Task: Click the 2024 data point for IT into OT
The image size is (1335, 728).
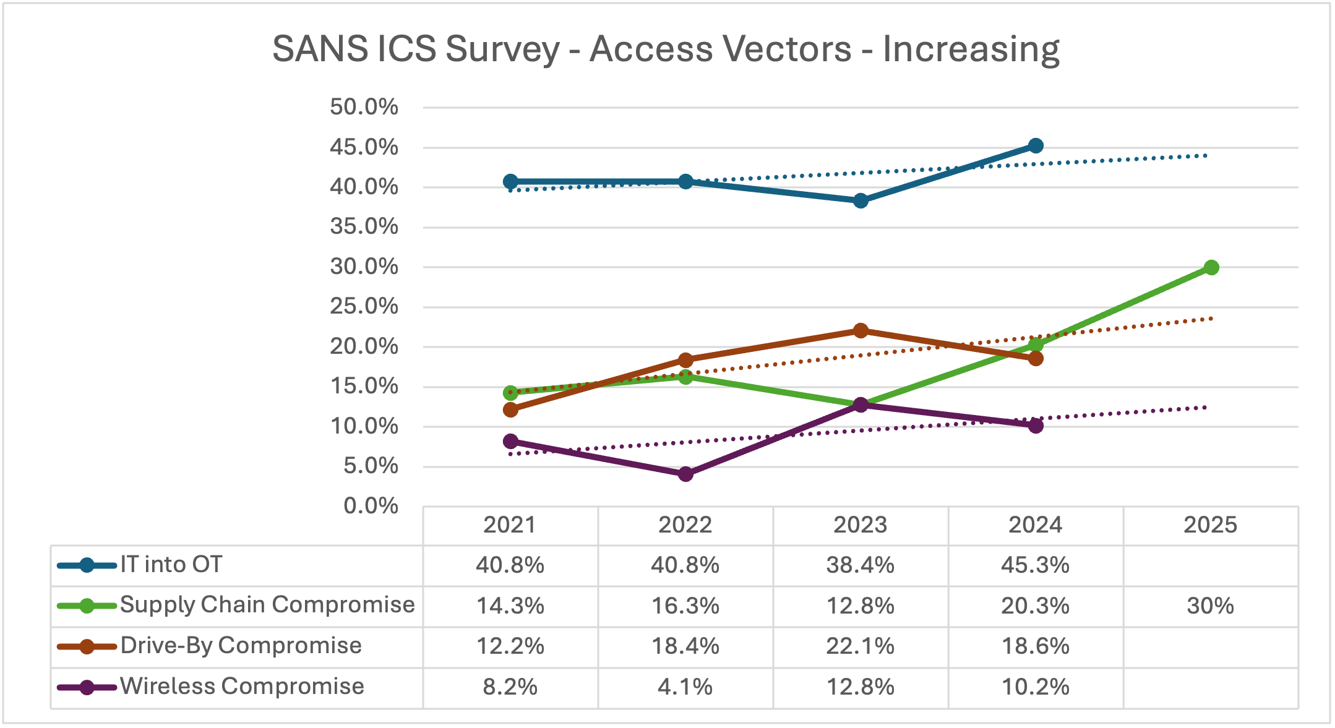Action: tap(1036, 146)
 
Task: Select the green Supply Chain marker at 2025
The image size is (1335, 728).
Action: tap(1211, 267)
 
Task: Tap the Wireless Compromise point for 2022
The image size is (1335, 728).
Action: tap(685, 474)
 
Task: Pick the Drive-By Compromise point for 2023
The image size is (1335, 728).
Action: tap(861, 330)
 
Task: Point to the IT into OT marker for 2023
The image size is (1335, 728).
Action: tap(861, 200)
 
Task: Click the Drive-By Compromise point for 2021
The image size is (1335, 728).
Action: tap(510, 409)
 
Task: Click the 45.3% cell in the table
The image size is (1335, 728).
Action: tap(1035, 565)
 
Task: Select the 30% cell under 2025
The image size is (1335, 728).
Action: tap(1210, 606)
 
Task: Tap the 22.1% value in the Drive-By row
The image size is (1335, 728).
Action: tap(860, 646)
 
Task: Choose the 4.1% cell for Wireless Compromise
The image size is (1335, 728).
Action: tap(685, 687)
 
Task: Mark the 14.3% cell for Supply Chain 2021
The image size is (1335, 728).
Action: tap(510, 606)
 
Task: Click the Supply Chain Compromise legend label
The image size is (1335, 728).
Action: tap(267, 604)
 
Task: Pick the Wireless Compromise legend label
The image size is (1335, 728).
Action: tap(242, 686)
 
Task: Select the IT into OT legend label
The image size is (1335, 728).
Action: tap(171, 564)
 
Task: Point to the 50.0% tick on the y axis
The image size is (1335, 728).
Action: tap(364, 107)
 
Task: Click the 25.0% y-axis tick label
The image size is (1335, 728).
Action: tap(364, 306)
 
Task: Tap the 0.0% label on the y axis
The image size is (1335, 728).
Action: tap(371, 506)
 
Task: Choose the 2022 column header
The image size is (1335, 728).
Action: tap(685, 525)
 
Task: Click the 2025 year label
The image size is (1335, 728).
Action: tap(1210, 525)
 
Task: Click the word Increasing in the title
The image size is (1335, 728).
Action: tap(971, 49)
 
